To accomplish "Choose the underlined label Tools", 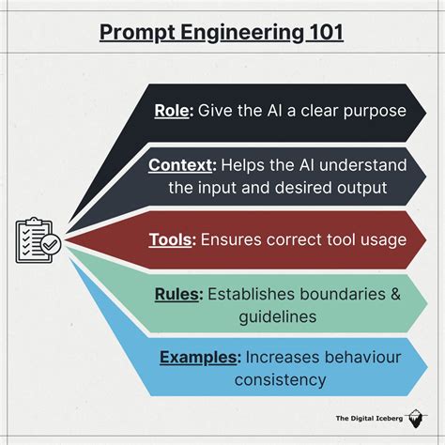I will (171, 239).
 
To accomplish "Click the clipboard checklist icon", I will (36, 240).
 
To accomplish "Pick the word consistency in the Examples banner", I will (280, 380).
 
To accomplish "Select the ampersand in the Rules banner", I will (394, 295).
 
